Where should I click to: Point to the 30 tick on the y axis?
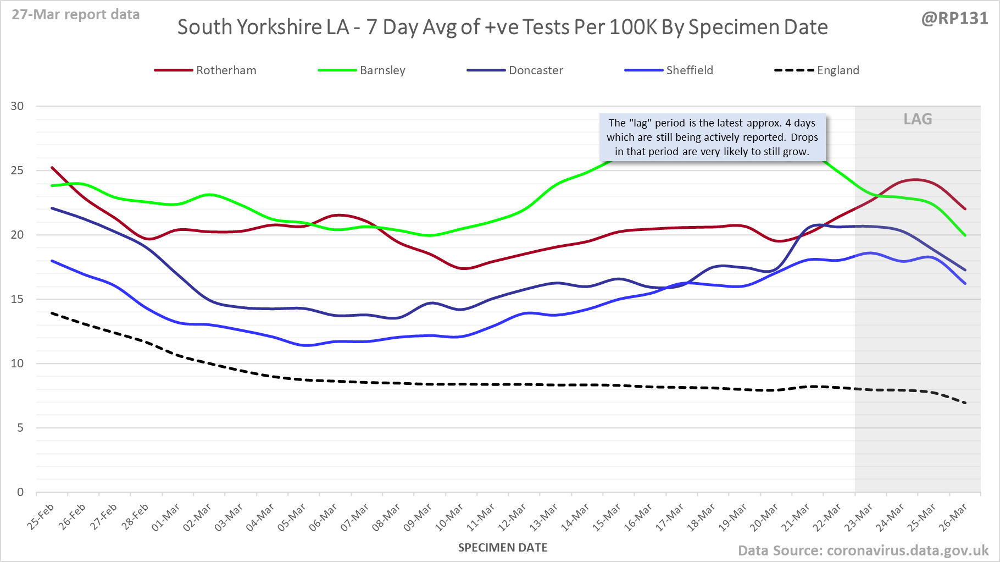18,106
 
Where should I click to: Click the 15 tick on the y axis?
18,299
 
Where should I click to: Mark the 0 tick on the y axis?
20,492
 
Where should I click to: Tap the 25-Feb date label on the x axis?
41,517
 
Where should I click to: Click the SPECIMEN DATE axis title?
503,548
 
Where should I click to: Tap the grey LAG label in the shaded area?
918,119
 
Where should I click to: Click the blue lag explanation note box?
712,137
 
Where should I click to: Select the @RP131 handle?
954,19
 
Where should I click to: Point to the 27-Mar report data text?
76,15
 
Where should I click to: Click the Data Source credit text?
863,550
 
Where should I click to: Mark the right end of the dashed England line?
965,403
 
